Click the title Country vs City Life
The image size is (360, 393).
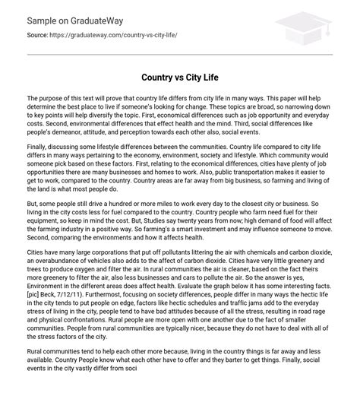coord(179,77)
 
